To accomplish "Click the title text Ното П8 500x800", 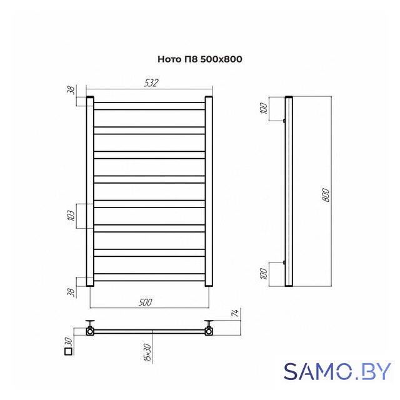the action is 200,59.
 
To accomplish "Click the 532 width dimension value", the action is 151,83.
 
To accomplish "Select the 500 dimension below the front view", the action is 146,302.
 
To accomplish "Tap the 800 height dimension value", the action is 326,195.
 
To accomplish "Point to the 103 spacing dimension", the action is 72,216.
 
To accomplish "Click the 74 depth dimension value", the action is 236,313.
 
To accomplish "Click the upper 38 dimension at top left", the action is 72,90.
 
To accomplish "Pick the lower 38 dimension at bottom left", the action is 72,292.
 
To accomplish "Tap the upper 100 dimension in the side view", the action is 264,108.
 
